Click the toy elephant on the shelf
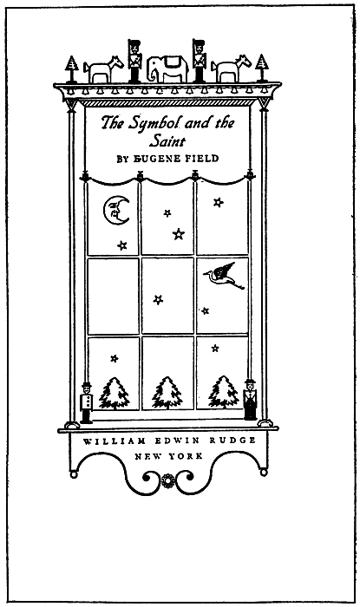tap(167, 69)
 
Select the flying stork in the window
tap(224, 276)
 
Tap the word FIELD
tap(205, 159)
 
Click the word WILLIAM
tap(115, 441)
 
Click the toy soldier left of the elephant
tap(134, 62)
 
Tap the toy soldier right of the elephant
tap(200, 61)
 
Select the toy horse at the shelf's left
tap(103, 69)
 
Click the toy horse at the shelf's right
tap(231, 69)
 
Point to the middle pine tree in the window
tap(167, 393)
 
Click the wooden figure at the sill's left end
tap(87, 402)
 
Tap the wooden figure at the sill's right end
tap(250, 400)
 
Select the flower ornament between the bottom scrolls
tap(167, 481)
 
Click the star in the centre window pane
tap(158, 300)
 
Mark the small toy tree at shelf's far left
tap(72, 69)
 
